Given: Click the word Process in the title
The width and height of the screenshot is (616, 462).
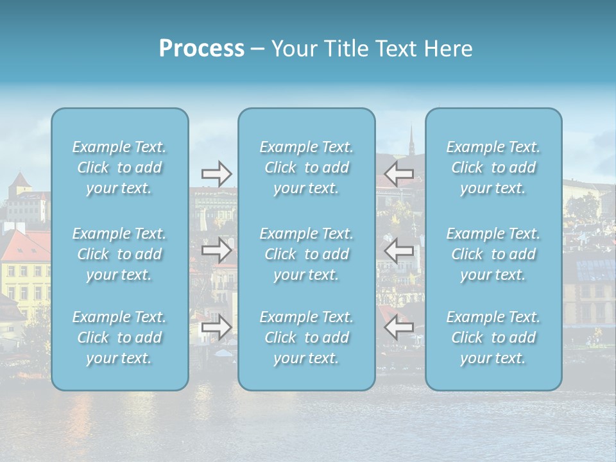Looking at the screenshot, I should tap(201, 49).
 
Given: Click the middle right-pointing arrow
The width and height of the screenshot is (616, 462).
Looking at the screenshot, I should tap(216, 250).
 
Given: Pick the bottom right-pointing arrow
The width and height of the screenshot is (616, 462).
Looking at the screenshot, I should tap(216, 327).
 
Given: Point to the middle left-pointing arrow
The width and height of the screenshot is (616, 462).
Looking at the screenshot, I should tap(399, 250).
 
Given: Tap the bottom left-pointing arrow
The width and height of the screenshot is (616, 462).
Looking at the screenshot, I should tap(399, 327).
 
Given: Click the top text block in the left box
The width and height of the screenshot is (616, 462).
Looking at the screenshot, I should tap(119, 167).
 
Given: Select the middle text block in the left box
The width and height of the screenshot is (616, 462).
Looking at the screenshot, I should tap(119, 254).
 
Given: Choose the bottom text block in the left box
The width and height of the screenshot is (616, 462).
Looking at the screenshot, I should tap(119, 338).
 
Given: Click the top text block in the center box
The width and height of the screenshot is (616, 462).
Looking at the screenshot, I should tap(307, 167).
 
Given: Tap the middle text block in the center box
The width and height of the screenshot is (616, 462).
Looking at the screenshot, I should tap(307, 254).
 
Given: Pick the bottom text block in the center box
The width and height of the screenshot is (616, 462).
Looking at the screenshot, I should tap(307, 338).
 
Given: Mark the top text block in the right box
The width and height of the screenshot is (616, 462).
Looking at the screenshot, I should tap(493, 167).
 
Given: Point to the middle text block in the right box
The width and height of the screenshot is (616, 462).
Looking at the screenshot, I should tap(493, 254).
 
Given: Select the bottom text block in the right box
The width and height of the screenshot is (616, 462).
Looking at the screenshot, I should tap(493, 338).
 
